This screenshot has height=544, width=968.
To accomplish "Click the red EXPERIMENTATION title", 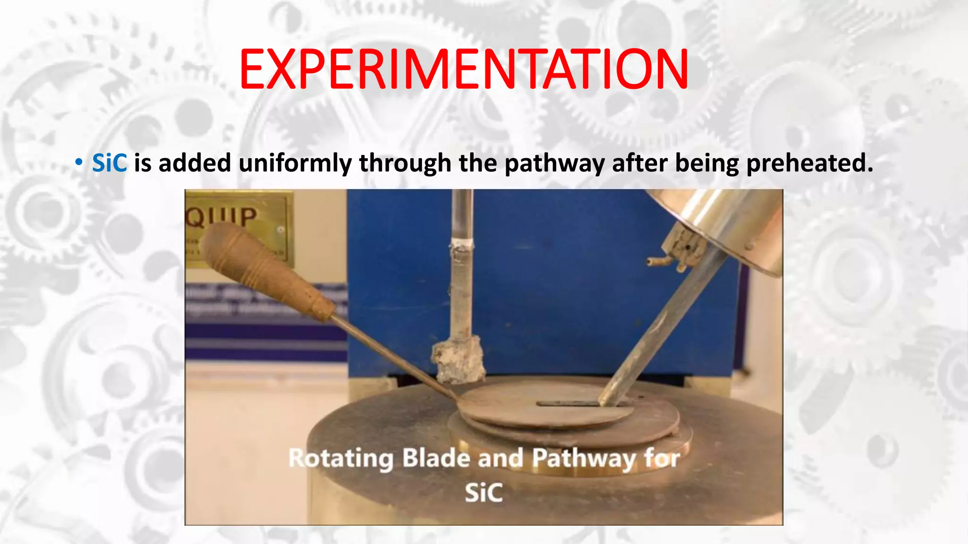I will click(463, 69).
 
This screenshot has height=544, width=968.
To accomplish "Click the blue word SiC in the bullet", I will click(109, 163).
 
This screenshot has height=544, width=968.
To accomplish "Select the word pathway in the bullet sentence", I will click(554, 163).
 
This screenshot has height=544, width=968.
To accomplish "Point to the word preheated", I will click(809, 163).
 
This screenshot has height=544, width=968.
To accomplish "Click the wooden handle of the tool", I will click(265, 269).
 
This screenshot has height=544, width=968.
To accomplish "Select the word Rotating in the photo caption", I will click(340, 458).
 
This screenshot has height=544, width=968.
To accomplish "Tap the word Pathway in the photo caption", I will click(584, 458).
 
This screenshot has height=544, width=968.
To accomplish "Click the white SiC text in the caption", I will click(483, 493).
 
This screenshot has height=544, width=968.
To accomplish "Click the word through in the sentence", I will click(405, 163).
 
